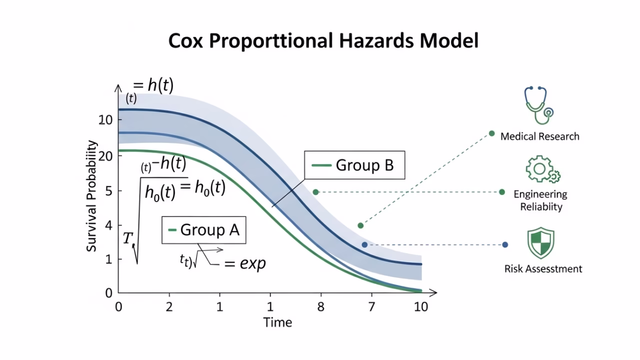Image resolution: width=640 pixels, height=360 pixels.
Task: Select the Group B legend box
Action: point(354,165)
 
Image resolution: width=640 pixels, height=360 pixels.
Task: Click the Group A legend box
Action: point(204,230)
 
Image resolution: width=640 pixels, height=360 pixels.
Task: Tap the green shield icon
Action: point(540,243)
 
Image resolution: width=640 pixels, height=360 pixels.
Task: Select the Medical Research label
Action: point(539,136)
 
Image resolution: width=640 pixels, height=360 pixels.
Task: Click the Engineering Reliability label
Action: point(540,200)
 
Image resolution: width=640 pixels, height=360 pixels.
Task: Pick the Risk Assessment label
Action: point(543,269)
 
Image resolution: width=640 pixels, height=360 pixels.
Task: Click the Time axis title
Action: point(277,322)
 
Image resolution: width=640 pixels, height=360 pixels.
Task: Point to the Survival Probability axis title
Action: point(91,195)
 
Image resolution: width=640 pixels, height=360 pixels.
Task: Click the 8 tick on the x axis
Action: point(320,306)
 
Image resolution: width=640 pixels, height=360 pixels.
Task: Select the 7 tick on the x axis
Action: point(371,306)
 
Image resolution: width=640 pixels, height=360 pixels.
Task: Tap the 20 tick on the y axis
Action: point(105,155)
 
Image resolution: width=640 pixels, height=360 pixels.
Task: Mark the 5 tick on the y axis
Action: point(108,191)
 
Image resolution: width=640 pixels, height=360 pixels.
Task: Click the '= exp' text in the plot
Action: point(245,263)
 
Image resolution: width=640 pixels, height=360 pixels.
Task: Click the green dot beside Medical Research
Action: point(491,133)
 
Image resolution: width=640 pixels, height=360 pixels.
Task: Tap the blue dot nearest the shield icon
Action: point(505,244)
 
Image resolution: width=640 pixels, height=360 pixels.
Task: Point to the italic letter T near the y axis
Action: point(128,238)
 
